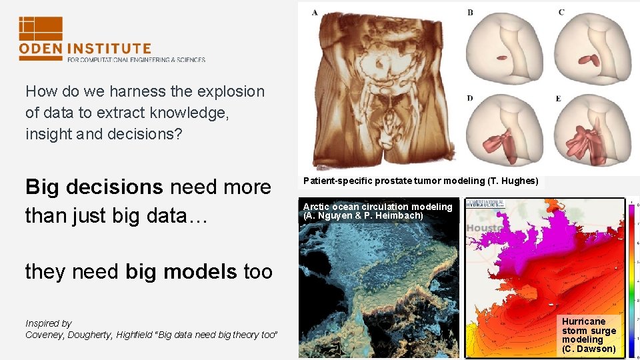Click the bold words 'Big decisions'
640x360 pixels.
click(x=93, y=187)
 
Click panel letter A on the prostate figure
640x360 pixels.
click(x=315, y=13)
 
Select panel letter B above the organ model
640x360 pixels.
click(x=470, y=13)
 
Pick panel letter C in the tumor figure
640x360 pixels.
click(x=561, y=13)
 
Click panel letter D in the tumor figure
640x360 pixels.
click(x=470, y=99)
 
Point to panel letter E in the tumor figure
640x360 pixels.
click(x=559, y=99)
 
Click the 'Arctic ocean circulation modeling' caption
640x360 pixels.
click(x=377, y=207)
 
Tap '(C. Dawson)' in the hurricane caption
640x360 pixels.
click(x=589, y=349)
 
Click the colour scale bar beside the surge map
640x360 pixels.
click(x=630, y=280)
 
